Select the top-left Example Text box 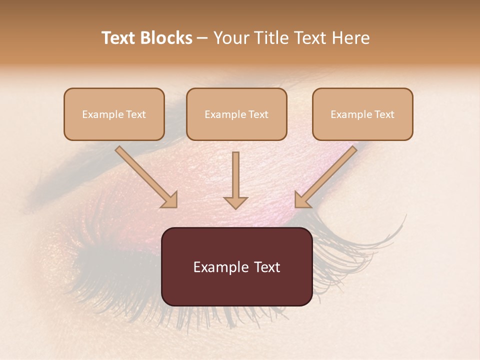click(114, 114)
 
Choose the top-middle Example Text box click(236, 114)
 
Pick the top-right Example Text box click(362, 114)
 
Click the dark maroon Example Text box click(236, 266)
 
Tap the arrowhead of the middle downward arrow click(235, 202)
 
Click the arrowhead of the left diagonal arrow click(170, 200)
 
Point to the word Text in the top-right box click(384, 114)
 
